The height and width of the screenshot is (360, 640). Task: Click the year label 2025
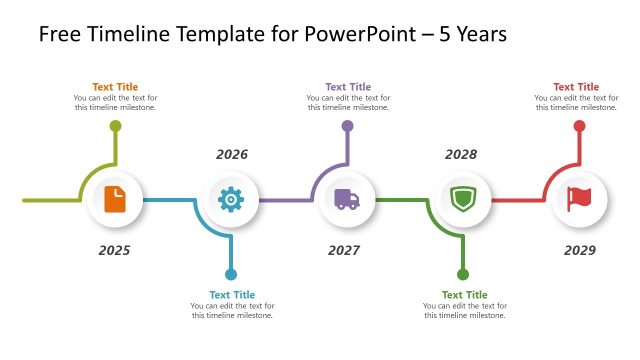tap(114, 250)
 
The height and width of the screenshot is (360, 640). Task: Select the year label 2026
tap(231, 155)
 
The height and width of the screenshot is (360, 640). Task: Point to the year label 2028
tap(461, 155)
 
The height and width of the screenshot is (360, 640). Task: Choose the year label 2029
tap(579, 250)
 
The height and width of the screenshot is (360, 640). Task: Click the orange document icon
tap(115, 200)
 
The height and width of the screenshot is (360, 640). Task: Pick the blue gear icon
tap(231, 200)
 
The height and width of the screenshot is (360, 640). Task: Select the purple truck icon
tap(347, 200)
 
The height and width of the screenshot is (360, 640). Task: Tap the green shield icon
tap(463, 200)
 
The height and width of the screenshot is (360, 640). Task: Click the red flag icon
tap(579, 200)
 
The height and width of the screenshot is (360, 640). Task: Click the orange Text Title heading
tap(115, 87)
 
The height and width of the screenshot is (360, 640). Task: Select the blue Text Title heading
tap(232, 295)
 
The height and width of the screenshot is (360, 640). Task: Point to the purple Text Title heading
tap(348, 87)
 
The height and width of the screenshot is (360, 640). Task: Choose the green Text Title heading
tap(464, 295)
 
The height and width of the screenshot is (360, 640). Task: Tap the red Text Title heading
tap(576, 87)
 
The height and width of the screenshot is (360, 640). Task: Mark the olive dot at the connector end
tap(115, 126)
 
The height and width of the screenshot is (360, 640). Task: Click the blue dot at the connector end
tap(231, 274)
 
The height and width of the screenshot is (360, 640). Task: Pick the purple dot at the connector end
tap(347, 126)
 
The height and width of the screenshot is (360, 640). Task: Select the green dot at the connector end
tap(463, 274)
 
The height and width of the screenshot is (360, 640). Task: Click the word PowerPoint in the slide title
tap(332, 35)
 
